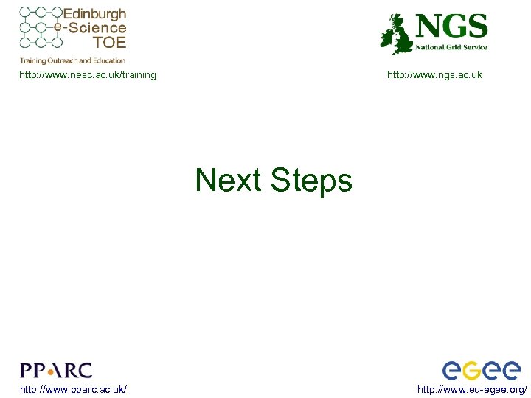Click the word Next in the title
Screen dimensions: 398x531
(x=229, y=181)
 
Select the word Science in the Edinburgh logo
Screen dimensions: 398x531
(x=97, y=28)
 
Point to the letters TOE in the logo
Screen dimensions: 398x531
(x=110, y=43)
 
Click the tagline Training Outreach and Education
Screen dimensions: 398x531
(x=72, y=60)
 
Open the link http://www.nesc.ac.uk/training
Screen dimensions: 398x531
(x=87, y=74)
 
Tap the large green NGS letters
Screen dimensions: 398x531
(x=451, y=27)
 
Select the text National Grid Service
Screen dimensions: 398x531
(x=451, y=47)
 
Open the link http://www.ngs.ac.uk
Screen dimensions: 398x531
(x=434, y=74)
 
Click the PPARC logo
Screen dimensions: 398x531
(x=56, y=370)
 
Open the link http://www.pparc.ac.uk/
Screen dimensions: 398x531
(x=73, y=388)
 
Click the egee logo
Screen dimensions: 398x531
(x=481, y=370)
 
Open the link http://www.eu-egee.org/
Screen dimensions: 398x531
(x=472, y=388)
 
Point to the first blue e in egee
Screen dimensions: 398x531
(x=451, y=371)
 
